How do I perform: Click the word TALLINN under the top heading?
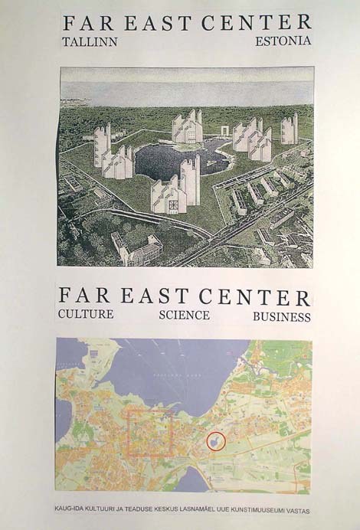(90, 41)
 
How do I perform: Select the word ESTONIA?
(283, 41)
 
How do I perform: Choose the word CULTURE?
(86, 315)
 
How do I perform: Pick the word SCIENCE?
(184, 316)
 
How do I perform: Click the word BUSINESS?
(282, 316)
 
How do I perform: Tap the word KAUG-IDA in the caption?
(72, 508)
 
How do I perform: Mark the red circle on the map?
(217, 442)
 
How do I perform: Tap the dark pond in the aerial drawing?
(180, 160)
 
